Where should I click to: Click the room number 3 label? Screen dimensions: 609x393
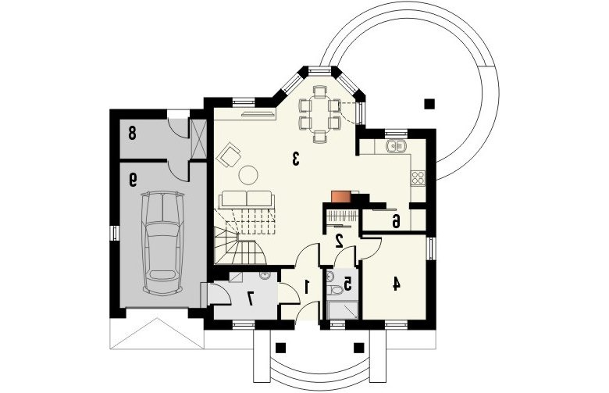[x=296, y=159]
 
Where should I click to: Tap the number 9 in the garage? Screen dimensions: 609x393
[x=133, y=180]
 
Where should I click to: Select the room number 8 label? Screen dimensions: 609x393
[x=132, y=134]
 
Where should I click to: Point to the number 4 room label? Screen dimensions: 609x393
[x=396, y=284]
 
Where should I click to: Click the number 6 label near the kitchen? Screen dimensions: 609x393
[x=395, y=222]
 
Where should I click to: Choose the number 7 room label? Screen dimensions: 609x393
[x=251, y=298]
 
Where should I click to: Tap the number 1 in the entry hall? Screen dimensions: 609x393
[x=307, y=287]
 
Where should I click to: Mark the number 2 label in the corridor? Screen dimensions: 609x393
[x=339, y=241]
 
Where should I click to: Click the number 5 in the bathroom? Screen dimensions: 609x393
[x=347, y=284]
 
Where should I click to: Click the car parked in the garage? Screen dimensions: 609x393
[x=162, y=241]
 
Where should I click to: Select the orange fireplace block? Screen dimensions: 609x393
[x=340, y=197]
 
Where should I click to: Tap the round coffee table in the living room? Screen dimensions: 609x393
[x=248, y=175]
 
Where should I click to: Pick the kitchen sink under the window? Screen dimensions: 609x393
[x=396, y=146]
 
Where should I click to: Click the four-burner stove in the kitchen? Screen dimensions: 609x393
[x=418, y=177]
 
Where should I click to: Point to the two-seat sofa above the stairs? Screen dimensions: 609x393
[x=247, y=199]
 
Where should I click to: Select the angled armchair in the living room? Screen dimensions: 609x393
[x=229, y=155]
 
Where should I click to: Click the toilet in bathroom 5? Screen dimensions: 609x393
[x=334, y=290]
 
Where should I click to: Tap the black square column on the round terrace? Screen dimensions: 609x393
[x=429, y=104]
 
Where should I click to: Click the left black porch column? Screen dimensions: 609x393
[x=281, y=348]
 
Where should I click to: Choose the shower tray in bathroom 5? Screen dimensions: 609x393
[x=343, y=311]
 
